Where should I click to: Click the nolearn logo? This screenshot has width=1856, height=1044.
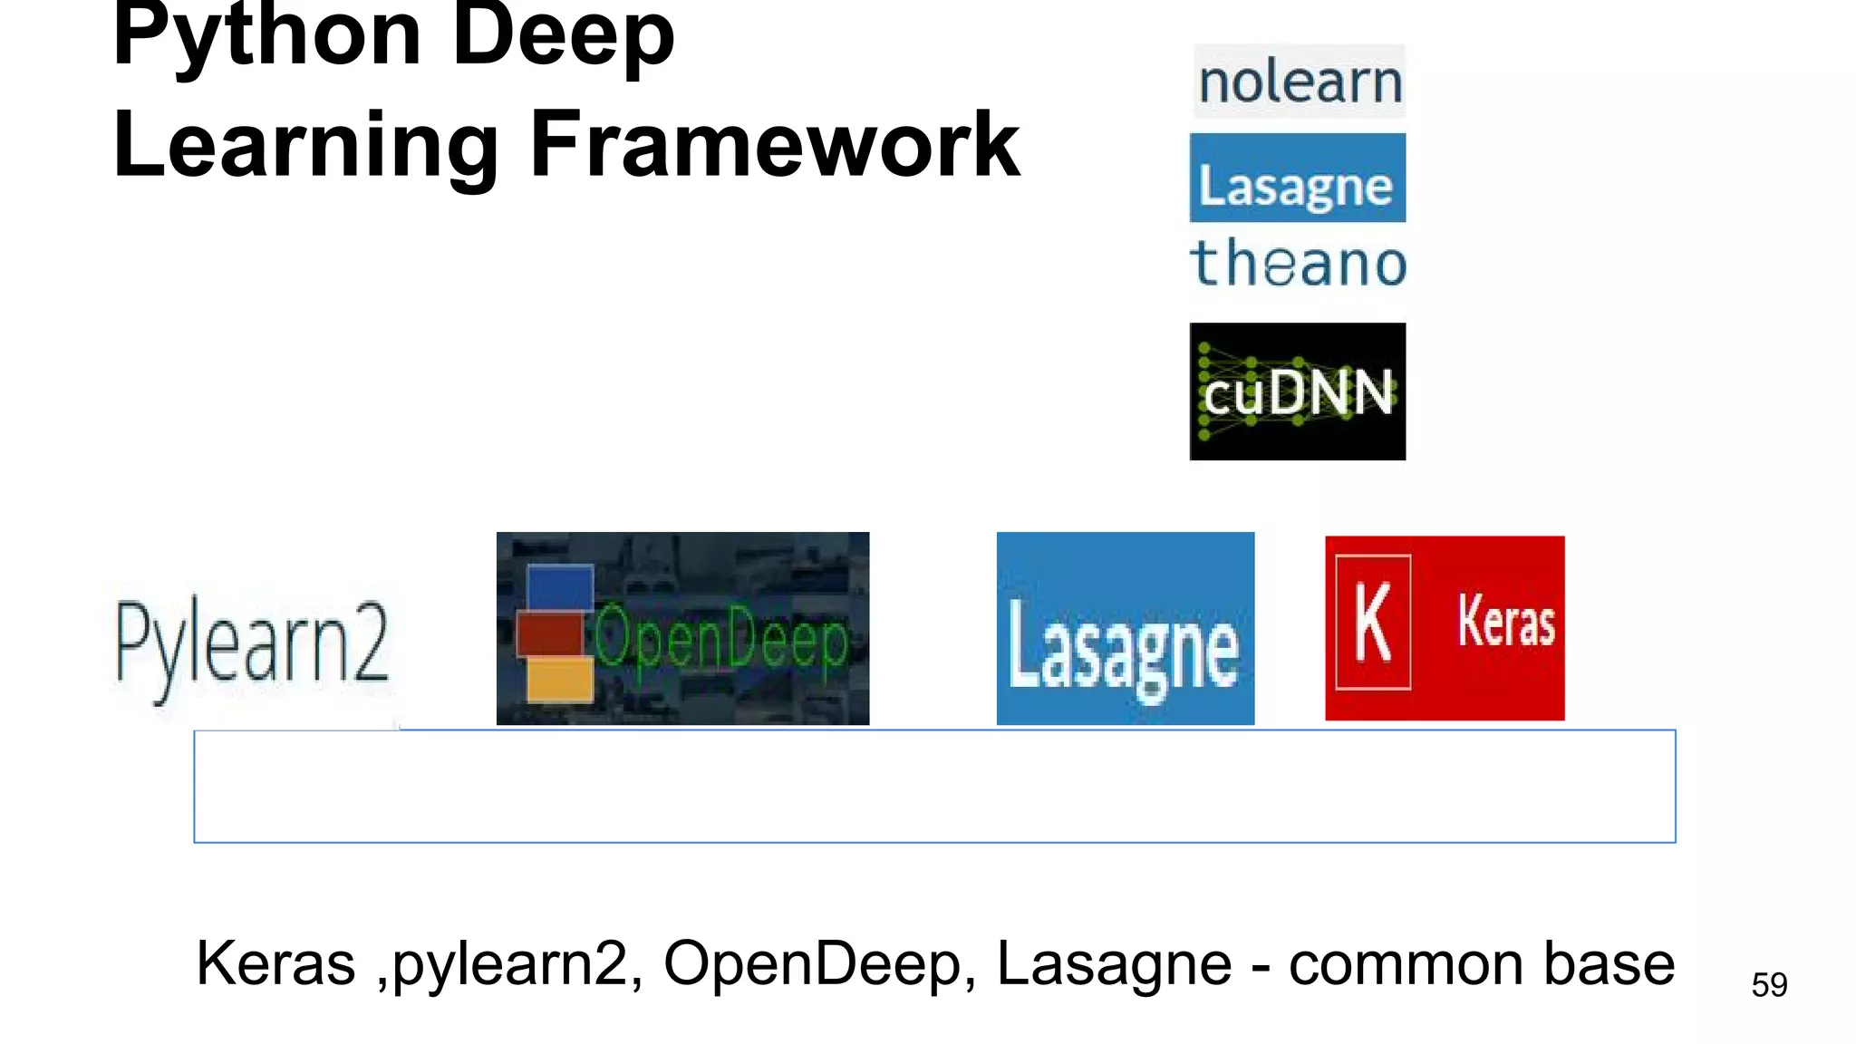coord(1300,82)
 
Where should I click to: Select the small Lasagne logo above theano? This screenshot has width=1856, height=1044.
coord(1297,179)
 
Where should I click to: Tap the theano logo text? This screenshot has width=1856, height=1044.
coord(1298,264)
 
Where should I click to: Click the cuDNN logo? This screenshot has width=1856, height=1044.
coord(1297,391)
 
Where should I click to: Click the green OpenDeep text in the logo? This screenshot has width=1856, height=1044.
coord(721,640)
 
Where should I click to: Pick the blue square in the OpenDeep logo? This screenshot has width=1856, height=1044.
coord(560,586)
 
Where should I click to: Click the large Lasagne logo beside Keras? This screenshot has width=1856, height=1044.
coord(1125,629)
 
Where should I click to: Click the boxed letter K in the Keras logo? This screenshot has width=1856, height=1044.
coord(1373,623)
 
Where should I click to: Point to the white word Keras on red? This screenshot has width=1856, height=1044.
coord(1506,622)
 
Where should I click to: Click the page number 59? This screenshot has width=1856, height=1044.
coord(1769,984)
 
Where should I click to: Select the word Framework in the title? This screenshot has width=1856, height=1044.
coord(775,145)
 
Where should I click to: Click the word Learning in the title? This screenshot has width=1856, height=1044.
coord(306,145)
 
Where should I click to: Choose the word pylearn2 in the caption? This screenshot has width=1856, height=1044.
coord(510,962)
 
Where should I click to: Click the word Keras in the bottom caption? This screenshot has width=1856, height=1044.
coord(275,962)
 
